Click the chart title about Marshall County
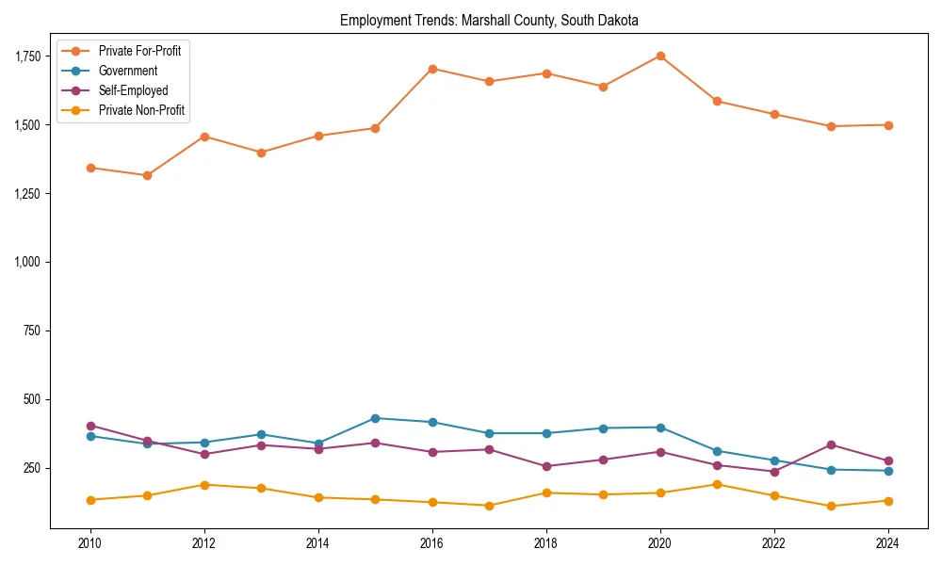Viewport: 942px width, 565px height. (x=489, y=20)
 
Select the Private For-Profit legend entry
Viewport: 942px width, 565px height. (x=139, y=51)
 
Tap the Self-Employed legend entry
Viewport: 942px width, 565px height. (x=133, y=90)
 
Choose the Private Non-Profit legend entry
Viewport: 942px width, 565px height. (x=141, y=110)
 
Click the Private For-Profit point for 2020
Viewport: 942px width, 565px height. (x=660, y=56)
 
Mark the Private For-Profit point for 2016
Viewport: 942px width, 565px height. (x=432, y=69)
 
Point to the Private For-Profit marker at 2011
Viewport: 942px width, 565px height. (x=147, y=175)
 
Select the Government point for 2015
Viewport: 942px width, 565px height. (x=375, y=418)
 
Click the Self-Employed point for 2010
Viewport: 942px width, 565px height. (x=90, y=426)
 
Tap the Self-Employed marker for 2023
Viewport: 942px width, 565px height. (x=831, y=444)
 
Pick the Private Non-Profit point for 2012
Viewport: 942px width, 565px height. (x=204, y=485)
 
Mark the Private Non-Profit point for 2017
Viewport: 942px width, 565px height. (x=489, y=506)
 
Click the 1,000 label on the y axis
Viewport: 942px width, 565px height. (x=28, y=262)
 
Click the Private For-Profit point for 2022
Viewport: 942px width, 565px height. (x=774, y=114)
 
